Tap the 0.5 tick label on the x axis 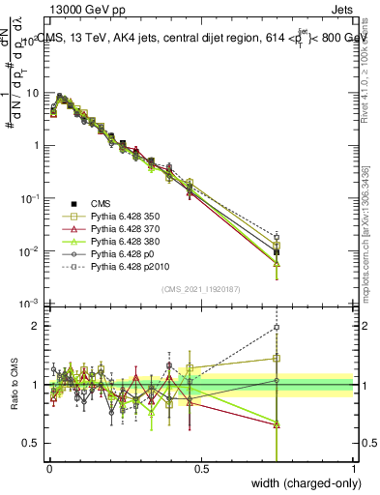coord(202,468)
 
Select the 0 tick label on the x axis coord(49,468)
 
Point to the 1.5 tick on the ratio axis coord(29,356)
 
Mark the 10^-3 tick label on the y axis coord(26,304)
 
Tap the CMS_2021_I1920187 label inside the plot coord(201,289)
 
